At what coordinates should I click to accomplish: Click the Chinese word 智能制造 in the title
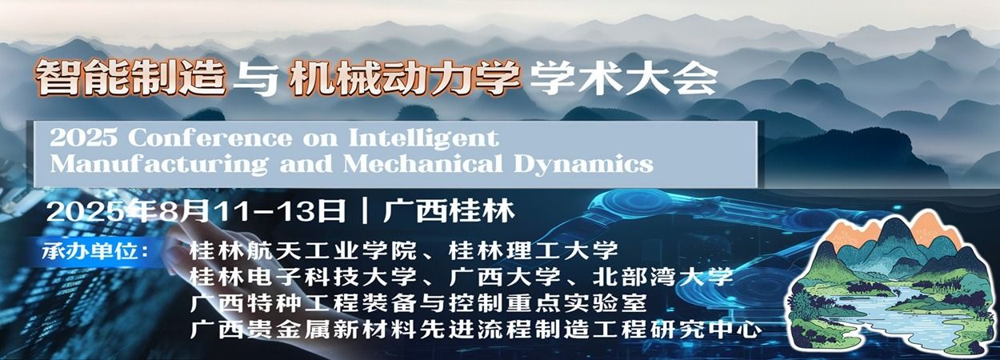click(x=130, y=78)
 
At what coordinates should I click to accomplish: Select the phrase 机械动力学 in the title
click(x=405, y=79)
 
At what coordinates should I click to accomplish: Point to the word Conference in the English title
click(x=210, y=138)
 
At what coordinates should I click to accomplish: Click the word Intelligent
click(x=424, y=138)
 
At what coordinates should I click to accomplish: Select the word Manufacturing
click(x=159, y=164)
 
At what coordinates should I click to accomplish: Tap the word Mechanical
click(x=422, y=163)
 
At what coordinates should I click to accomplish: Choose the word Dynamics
click(x=583, y=164)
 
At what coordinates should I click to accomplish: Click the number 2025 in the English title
click(x=83, y=138)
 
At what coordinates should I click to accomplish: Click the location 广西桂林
click(x=449, y=211)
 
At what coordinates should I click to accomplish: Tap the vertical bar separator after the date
click(x=366, y=211)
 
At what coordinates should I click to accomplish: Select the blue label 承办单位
click(x=90, y=251)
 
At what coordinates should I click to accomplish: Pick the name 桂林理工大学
click(x=534, y=250)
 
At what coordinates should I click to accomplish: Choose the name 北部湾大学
click(x=663, y=277)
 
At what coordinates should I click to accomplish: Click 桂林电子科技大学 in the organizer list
click(x=302, y=277)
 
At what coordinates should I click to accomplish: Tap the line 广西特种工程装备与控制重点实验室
click(x=418, y=303)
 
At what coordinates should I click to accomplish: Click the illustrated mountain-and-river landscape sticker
click(x=890, y=284)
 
